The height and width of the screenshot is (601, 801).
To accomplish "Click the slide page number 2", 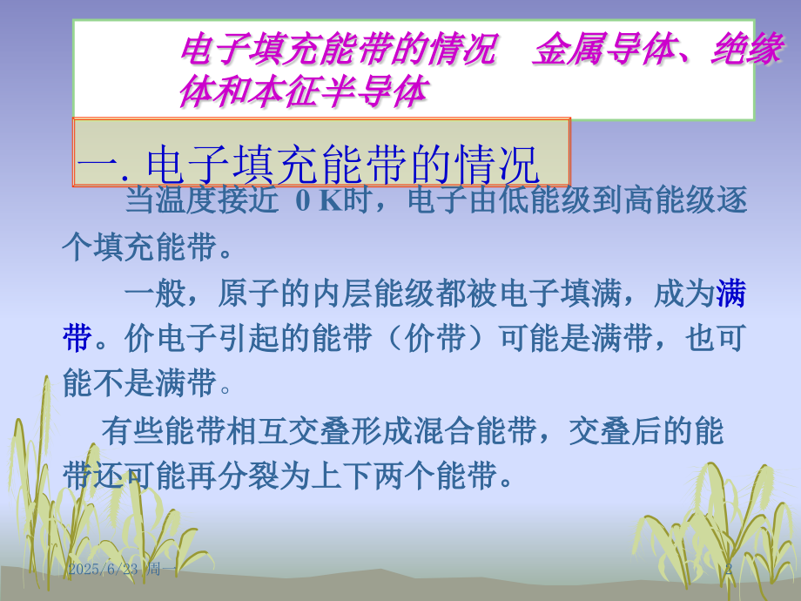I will (729, 569).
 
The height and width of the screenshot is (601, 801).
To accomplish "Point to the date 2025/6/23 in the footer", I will (104, 569).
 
